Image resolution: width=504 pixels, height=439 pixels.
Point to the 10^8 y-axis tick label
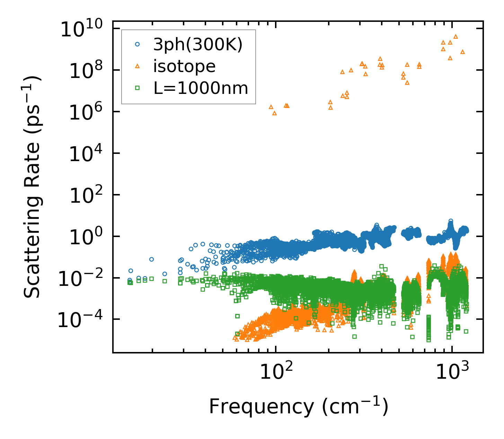tap(85, 71)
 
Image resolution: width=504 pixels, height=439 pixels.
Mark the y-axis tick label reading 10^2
tap(85, 196)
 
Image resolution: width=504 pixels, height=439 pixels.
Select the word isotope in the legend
tap(184, 66)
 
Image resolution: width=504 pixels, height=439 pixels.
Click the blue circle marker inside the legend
tap(138, 44)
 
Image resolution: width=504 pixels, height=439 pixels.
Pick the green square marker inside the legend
tap(138, 88)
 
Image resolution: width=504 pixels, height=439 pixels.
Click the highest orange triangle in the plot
tap(456, 36)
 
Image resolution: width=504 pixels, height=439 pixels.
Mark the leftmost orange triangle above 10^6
tap(271, 107)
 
